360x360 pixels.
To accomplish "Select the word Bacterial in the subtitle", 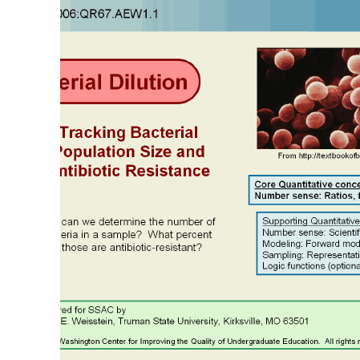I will pos(164,132).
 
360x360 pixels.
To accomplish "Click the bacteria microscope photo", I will pos(308,98).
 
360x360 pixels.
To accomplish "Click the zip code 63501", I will pos(293,322).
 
